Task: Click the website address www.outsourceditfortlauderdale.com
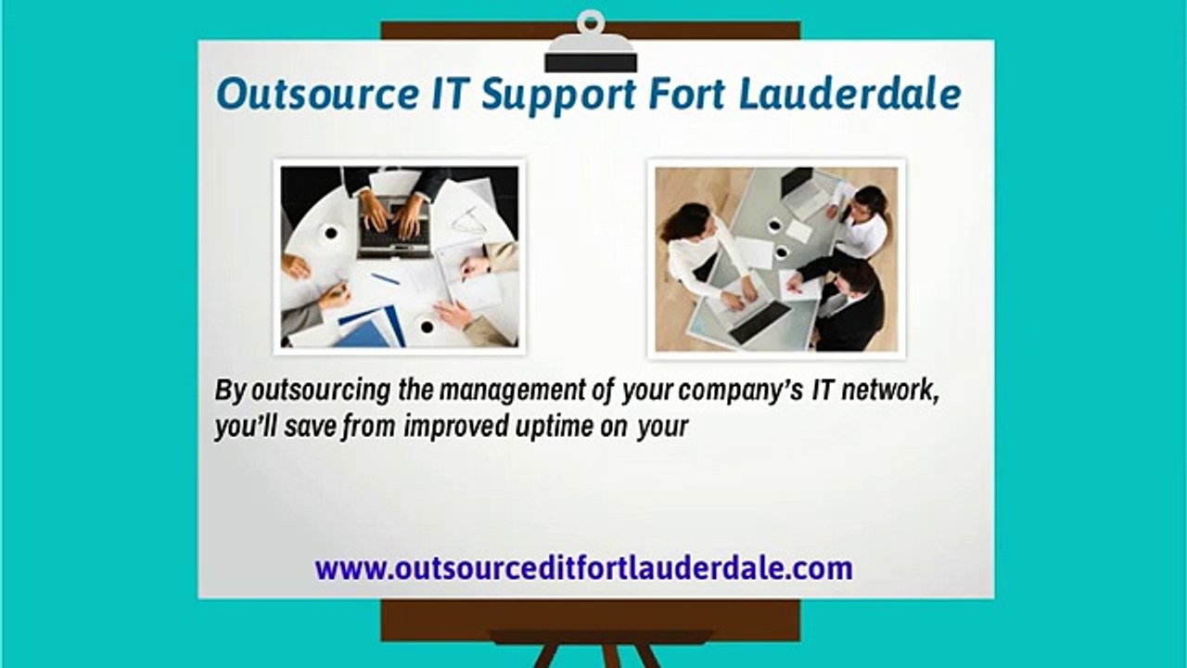pos(583,567)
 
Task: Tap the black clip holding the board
pos(591,56)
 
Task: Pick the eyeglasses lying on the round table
pos(468,221)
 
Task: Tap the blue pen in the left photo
pos(386,278)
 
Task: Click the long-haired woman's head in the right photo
pos(687,223)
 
